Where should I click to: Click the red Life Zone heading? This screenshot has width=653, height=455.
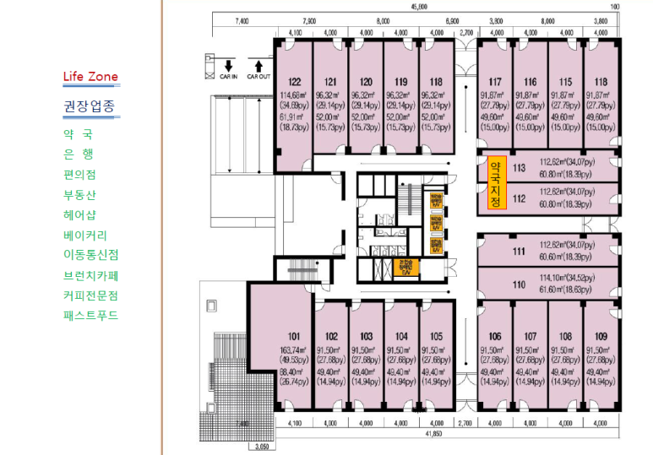tap(90, 77)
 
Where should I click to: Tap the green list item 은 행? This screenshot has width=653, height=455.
tap(79, 154)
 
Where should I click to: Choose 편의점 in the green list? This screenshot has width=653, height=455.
tap(79, 175)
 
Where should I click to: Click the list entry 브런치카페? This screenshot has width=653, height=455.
tap(90, 275)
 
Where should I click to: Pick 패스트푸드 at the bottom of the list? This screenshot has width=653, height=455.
tap(90, 316)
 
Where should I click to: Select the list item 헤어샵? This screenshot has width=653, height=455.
tap(79, 214)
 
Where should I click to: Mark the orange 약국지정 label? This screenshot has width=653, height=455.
tap(495, 184)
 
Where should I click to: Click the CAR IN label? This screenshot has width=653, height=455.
tap(229, 76)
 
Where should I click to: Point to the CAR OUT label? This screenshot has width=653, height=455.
tap(258, 76)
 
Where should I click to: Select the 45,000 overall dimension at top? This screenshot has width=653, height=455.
tap(419, 7)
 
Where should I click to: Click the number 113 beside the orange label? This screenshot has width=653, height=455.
tap(518, 168)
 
